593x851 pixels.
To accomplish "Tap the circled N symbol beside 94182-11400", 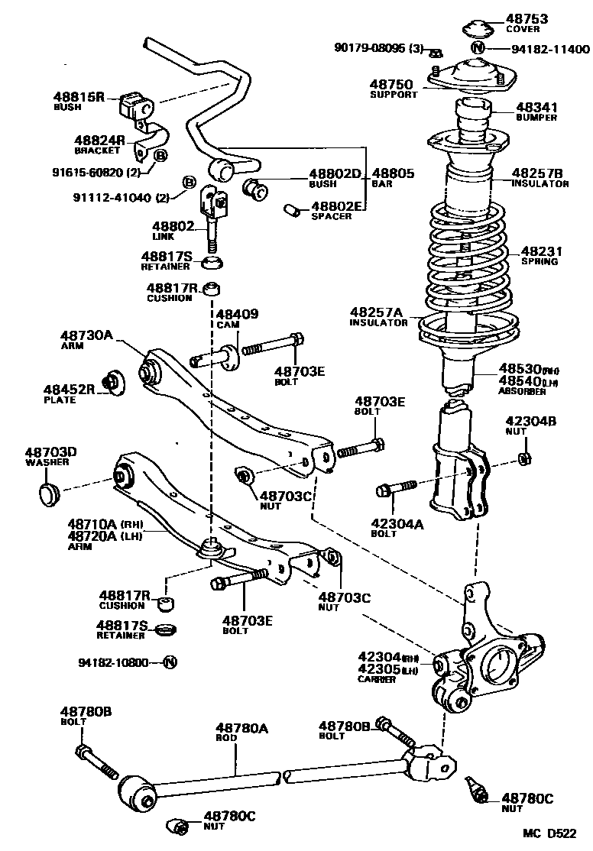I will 478,48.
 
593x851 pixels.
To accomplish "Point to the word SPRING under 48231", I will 539,261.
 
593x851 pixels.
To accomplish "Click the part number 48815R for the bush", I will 78,97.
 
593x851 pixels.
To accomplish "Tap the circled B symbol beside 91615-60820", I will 160,156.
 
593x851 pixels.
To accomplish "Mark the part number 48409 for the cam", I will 237,314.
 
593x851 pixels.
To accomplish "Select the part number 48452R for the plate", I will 69,389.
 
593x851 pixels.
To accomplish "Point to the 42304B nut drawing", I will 525,459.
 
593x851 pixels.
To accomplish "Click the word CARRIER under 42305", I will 378,680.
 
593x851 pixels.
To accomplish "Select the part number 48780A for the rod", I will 241,728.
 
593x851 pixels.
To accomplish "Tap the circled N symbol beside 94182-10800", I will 170,662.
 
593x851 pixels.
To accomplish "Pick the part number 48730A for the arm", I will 86,335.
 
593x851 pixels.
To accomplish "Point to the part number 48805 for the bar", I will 394,173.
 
